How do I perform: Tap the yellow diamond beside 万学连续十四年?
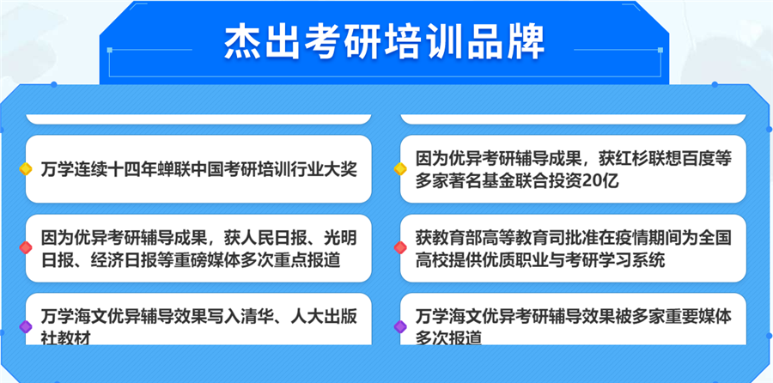pyautogui.click(x=26, y=168)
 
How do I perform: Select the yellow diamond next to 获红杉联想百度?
pyautogui.click(x=399, y=168)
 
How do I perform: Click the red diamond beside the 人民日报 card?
pyautogui.click(x=26, y=248)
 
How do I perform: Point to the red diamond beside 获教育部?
pyautogui.click(x=399, y=248)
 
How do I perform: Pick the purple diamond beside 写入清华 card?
pyautogui.click(x=26, y=326)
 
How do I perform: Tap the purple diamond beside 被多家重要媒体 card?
pyautogui.click(x=399, y=326)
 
